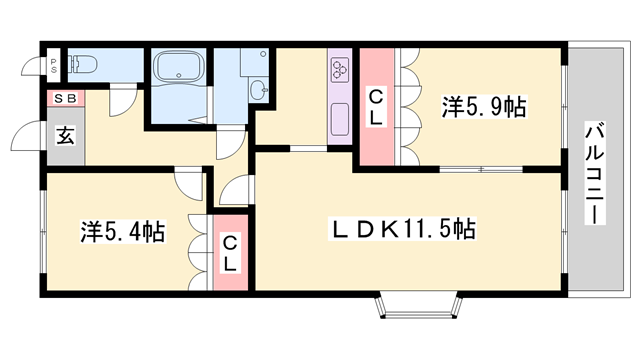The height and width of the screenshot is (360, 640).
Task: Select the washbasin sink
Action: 258,89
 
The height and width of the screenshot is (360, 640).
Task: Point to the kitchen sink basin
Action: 340,119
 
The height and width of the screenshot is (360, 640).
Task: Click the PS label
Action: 53,65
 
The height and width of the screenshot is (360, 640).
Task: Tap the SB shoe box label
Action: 66,98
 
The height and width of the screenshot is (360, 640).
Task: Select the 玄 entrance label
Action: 65,136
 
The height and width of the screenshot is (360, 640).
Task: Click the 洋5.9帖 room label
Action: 484,107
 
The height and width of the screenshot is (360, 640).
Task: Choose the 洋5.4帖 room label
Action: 122,232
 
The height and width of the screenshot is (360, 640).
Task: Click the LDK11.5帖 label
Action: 402,229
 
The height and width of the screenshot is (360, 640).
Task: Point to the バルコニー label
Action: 595,173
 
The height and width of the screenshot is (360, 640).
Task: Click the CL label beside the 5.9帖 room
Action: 376,108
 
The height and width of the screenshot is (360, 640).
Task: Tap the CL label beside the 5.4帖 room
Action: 230,253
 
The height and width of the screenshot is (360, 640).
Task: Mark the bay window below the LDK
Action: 419,306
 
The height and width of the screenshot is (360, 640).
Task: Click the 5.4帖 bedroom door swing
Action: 188,184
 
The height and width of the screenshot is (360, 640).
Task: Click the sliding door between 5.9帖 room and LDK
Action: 481,169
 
